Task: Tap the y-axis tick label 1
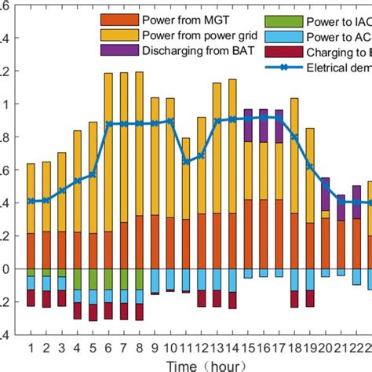[x=7, y=104]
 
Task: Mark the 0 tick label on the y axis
[x=7, y=269]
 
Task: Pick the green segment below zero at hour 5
[x=93, y=279]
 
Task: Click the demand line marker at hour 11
[x=186, y=162]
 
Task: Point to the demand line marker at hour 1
[x=31, y=201]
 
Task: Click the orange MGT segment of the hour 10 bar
[x=170, y=243]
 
